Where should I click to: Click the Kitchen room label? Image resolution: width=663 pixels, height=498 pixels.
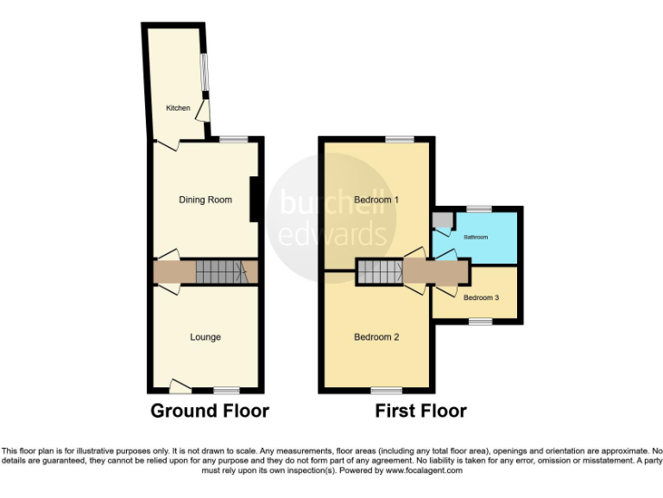pos(178,108)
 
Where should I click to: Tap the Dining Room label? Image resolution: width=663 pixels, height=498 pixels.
pos(205,200)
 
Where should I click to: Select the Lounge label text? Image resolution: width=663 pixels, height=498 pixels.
pos(205,337)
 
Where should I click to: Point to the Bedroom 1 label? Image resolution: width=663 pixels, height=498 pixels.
pos(376,200)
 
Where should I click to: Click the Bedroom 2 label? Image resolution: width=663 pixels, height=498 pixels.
pos(376,337)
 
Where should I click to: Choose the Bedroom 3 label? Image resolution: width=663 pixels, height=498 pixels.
pos(481,298)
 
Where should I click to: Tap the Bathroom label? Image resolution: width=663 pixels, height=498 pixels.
pos(476,237)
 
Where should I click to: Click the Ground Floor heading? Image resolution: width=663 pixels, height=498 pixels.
pos(210,411)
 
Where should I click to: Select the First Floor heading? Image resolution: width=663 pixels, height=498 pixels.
pos(420,411)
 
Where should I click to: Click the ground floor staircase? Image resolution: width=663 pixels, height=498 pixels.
pos(221,272)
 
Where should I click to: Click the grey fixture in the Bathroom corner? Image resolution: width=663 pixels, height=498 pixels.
pos(443,219)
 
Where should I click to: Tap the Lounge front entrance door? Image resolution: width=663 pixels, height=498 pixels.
pos(180,386)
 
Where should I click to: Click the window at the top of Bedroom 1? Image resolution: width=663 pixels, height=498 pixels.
pos(399,138)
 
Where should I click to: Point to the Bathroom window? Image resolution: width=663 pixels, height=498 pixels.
pos(479,208)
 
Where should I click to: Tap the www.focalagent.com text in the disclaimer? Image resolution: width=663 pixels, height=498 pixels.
pos(424,471)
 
